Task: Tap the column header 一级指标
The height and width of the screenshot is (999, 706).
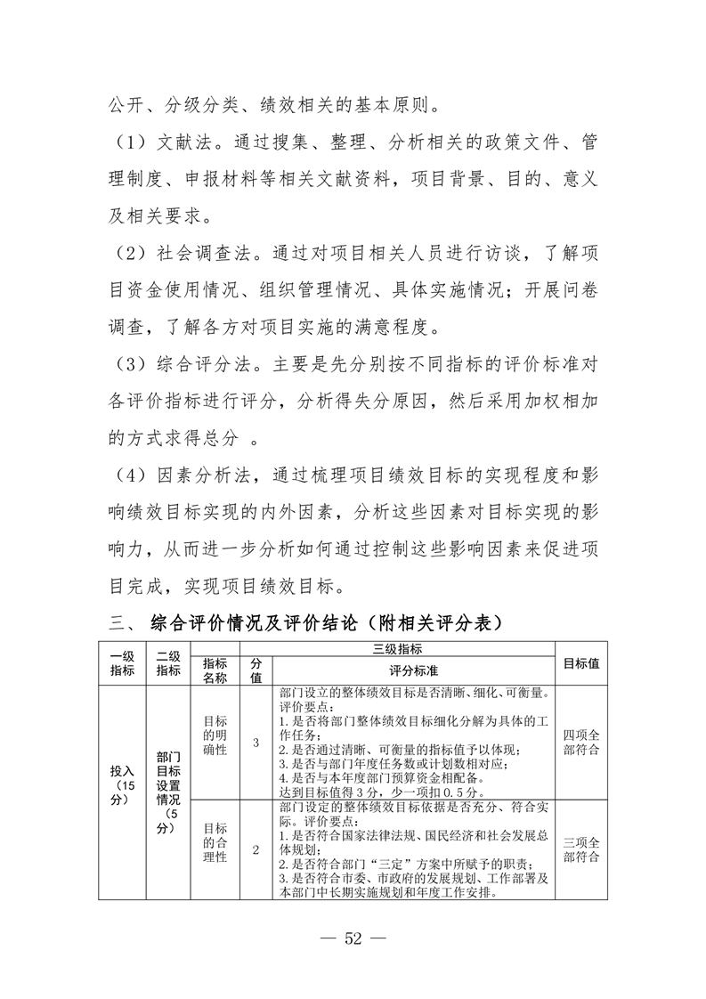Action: tap(122, 662)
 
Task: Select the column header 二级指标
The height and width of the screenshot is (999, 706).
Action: tap(168, 662)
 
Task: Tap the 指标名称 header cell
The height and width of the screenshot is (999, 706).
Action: tap(215, 670)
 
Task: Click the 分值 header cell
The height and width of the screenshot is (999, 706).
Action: tap(256, 670)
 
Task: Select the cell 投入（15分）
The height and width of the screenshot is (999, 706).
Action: tap(122, 784)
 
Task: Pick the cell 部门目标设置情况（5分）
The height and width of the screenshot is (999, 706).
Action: tap(168, 784)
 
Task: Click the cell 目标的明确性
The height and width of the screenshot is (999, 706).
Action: tap(215, 735)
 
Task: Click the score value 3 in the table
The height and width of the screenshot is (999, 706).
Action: tap(256, 743)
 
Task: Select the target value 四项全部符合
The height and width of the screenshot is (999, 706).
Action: tap(581, 742)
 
